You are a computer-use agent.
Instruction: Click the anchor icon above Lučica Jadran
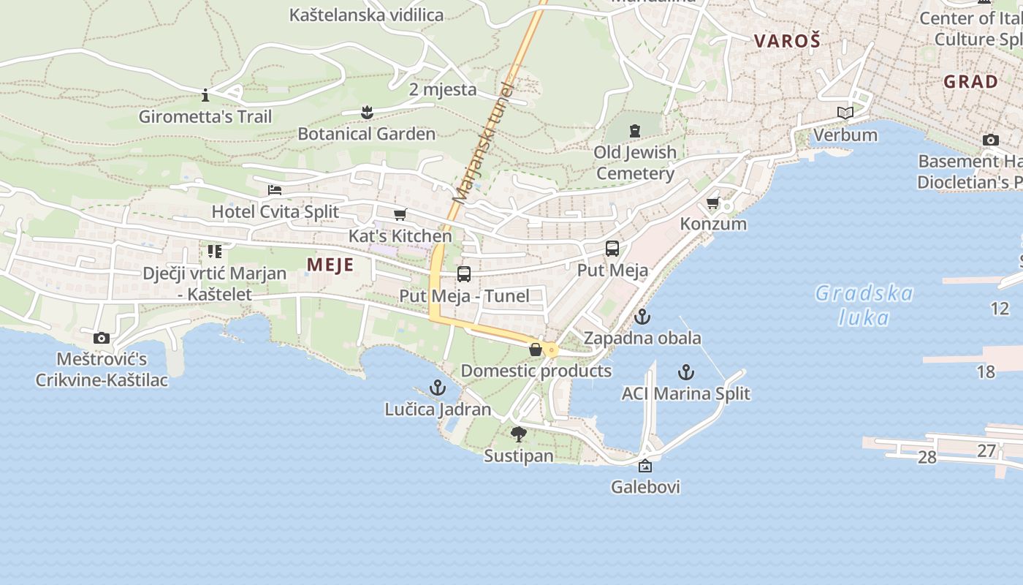(438, 388)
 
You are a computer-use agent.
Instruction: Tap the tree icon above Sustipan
(519, 434)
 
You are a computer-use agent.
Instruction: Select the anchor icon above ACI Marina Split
(685, 372)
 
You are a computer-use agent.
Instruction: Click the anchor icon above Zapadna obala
(642, 317)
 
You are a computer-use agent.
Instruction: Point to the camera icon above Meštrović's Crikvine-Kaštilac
(102, 338)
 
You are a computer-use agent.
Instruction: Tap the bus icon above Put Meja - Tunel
(464, 274)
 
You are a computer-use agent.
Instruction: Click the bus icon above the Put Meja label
(612, 249)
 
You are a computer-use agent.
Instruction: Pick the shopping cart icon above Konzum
(713, 203)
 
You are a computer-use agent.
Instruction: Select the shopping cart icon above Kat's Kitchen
(400, 215)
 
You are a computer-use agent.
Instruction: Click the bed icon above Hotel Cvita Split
(275, 190)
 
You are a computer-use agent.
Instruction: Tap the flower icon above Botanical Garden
(367, 112)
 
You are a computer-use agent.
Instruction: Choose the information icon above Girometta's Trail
(205, 95)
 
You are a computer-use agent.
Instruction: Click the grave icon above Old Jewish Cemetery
(634, 131)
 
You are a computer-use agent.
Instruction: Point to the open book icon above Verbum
(845, 113)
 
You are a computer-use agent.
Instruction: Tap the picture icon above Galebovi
(645, 466)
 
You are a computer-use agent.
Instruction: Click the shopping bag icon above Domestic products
(536, 350)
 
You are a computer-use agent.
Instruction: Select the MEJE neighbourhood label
(330, 265)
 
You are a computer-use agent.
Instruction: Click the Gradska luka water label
(864, 305)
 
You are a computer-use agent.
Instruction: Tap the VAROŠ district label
(787, 41)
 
